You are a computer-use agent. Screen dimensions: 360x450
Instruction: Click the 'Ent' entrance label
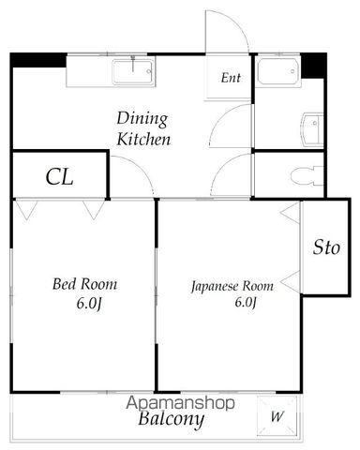coord(231,78)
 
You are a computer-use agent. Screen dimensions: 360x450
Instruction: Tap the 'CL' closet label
coord(59,177)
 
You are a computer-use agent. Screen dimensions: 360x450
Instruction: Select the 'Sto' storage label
coord(326,247)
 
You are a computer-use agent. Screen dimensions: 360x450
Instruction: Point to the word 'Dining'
coord(142,119)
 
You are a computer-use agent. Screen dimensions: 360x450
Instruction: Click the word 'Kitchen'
coord(143,140)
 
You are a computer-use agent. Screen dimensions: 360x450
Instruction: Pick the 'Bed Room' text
coord(84,284)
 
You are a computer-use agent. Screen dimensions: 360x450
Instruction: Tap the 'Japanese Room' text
coord(232,286)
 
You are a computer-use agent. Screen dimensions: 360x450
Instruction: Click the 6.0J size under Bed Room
coord(89,304)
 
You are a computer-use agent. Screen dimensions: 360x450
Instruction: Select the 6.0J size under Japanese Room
coord(246,303)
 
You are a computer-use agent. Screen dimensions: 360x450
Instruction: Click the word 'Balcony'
coord(172,419)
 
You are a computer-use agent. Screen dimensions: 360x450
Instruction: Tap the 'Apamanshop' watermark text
coord(180,403)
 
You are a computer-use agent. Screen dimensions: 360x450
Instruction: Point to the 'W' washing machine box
coord(277,416)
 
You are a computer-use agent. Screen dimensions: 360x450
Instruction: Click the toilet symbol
coord(307,176)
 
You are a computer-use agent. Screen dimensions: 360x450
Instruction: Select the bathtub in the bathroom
coord(277,71)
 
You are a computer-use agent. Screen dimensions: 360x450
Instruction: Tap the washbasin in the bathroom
coord(312,129)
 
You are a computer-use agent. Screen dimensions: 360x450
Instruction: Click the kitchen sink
coord(133,72)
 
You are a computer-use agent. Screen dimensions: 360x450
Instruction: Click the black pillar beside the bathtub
coord(313,66)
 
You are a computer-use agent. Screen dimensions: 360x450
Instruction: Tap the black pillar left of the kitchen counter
coord(38,60)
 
